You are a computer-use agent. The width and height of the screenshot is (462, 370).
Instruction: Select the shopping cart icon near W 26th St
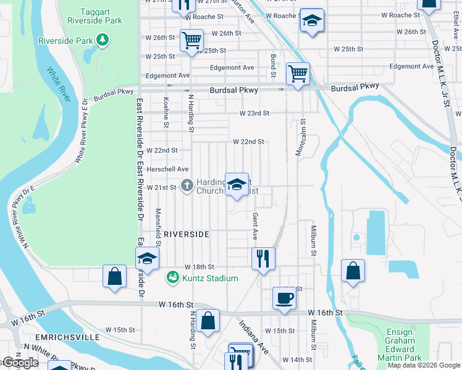tap(191, 41)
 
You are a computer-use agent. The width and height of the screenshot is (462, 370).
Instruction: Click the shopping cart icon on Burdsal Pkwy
tap(298, 74)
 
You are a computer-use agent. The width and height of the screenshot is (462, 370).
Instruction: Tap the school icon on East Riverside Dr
tap(147, 258)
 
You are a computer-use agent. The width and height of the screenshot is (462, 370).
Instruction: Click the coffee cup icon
tap(284, 298)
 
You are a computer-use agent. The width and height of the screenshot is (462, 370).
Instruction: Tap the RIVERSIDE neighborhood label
tap(187, 234)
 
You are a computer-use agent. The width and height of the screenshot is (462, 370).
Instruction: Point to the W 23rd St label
tap(254, 113)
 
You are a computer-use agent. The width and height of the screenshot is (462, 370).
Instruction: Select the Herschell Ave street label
tap(167, 169)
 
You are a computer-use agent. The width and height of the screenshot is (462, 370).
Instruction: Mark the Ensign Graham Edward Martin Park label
tap(399, 345)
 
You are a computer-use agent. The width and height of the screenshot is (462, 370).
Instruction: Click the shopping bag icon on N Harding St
tap(209, 321)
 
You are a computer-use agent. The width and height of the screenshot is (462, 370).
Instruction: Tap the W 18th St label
tap(199, 267)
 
